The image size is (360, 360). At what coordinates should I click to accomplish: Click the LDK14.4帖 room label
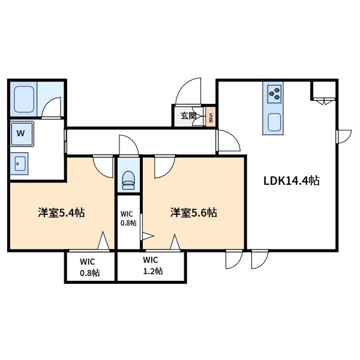point(291,180)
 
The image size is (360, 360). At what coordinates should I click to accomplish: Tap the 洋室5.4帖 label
point(61,212)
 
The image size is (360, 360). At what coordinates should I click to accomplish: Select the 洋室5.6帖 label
point(193,212)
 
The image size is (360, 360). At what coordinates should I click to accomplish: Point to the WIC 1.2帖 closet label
point(151,266)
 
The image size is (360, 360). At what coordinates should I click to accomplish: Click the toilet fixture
point(127,178)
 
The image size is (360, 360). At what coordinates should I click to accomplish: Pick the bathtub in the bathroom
point(23,100)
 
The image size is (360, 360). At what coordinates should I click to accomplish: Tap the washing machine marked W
point(22,133)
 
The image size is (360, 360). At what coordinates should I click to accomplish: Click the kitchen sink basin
point(274,122)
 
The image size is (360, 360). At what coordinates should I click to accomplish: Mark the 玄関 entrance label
point(188,116)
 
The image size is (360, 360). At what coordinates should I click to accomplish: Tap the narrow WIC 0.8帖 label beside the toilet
point(128,218)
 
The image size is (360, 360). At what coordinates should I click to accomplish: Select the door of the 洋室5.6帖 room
point(164,167)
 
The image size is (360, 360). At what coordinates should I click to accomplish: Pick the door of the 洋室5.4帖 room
point(103,166)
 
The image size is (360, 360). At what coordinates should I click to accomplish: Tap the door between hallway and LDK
point(227,142)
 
